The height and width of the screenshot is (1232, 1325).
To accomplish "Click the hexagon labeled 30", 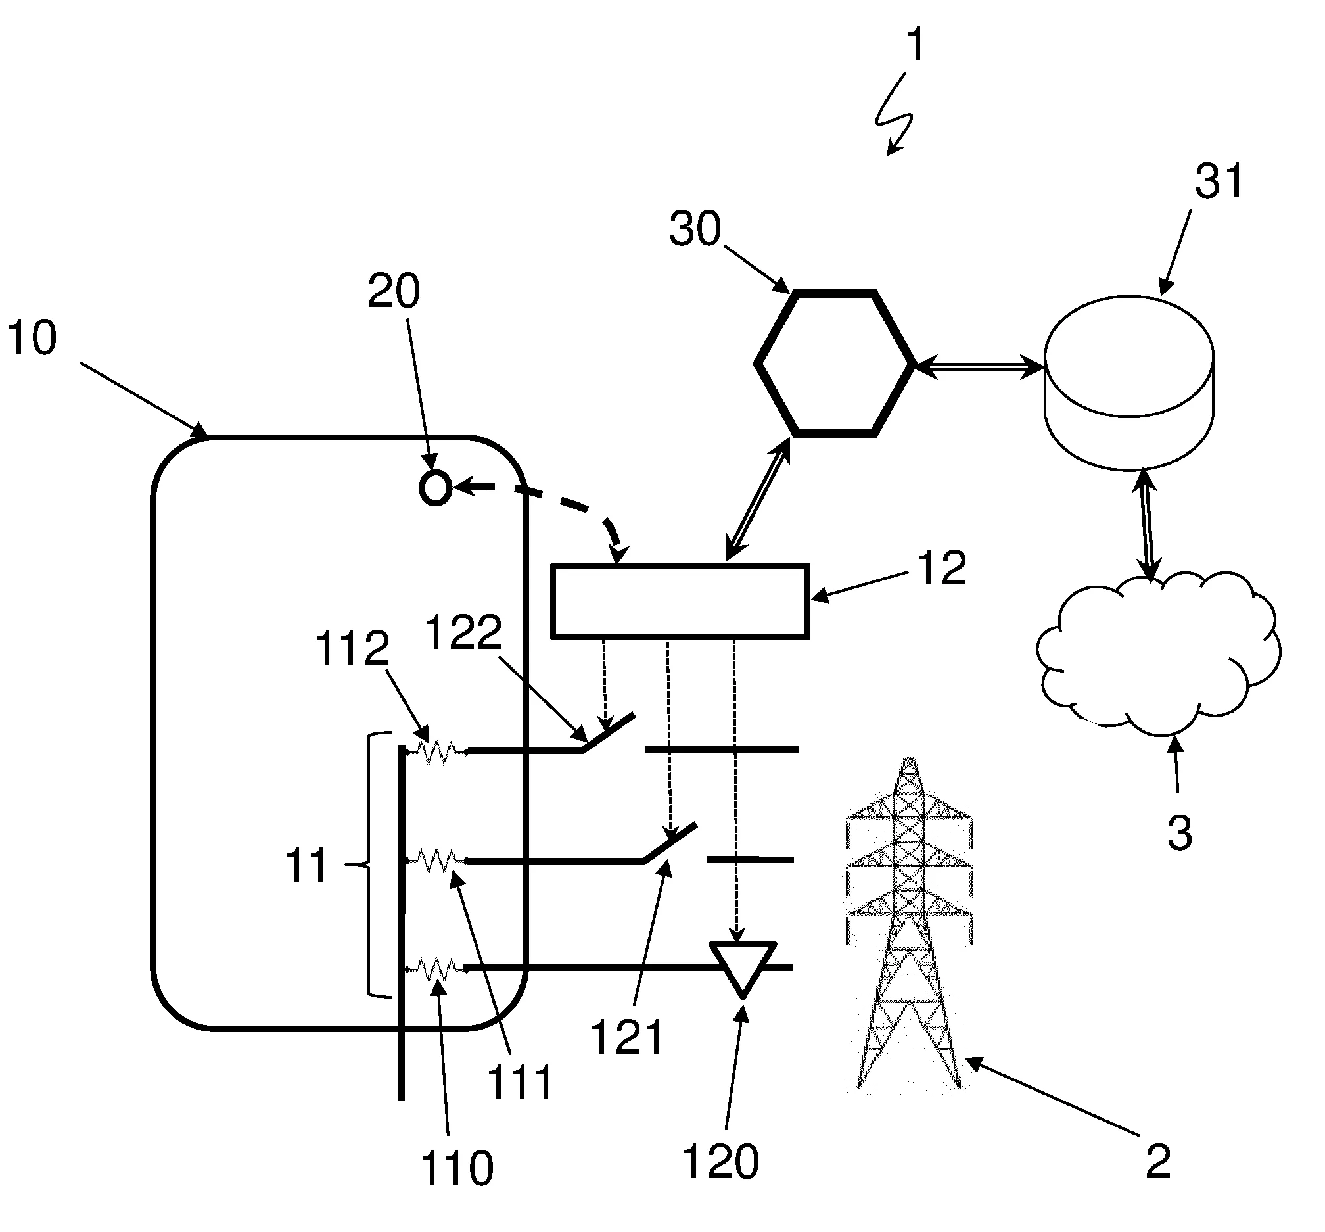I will (833, 364).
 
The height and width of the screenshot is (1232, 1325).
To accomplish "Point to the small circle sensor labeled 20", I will (435, 488).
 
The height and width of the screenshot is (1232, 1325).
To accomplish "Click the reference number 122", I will (463, 632).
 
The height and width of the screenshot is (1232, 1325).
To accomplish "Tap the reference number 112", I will (352, 648).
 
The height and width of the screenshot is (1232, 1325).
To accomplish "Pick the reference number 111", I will (521, 1082).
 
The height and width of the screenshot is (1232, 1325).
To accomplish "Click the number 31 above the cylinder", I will (1219, 181).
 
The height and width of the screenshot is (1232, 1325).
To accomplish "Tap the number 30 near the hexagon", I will (695, 229).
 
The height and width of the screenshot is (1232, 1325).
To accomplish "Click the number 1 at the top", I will (917, 45).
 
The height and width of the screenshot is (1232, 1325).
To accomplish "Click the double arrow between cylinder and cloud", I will (1148, 523).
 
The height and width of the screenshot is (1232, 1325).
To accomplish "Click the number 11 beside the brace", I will (306, 865).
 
